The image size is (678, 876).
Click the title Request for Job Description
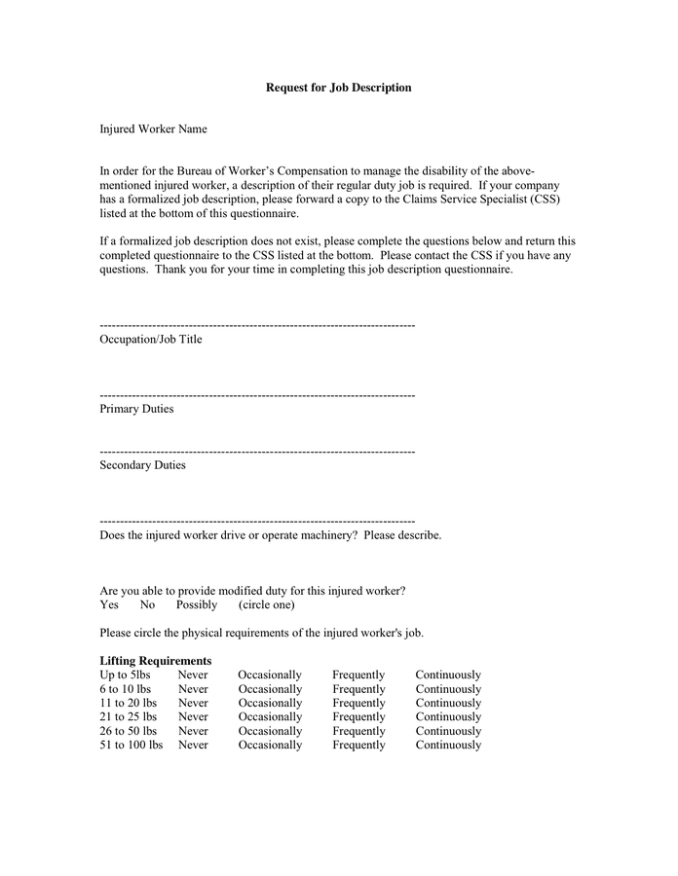pyautogui.click(x=338, y=88)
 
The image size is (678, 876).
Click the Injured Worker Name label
pyautogui.click(x=153, y=128)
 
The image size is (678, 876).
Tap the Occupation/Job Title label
pyautogui.click(x=151, y=340)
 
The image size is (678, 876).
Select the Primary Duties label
pyautogui.click(x=136, y=409)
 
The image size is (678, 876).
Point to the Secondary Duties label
pyautogui.click(x=142, y=465)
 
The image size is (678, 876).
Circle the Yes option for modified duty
pyautogui.click(x=109, y=604)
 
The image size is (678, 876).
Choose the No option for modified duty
pyautogui.click(x=147, y=604)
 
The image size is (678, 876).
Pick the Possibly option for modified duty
pyautogui.click(x=197, y=604)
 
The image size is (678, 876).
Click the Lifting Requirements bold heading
pyautogui.click(x=155, y=661)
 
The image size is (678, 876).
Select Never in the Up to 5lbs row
pyautogui.click(x=193, y=675)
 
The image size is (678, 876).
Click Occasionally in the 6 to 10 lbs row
pyautogui.click(x=270, y=689)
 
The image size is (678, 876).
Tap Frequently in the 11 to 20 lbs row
pyautogui.click(x=358, y=703)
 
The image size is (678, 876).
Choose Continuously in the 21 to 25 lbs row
pyautogui.click(x=448, y=716)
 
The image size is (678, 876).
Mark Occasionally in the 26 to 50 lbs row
pyautogui.click(x=270, y=731)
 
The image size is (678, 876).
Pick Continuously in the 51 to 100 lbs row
pyautogui.click(x=448, y=745)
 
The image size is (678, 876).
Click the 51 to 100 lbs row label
pyautogui.click(x=131, y=745)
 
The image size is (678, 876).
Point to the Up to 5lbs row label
pyautogui.click(x=125, y=675)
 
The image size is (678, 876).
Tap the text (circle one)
pyautogui.click(x=267, y=604)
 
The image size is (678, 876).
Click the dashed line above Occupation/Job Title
pyautogui.click(x=257, y=325)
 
